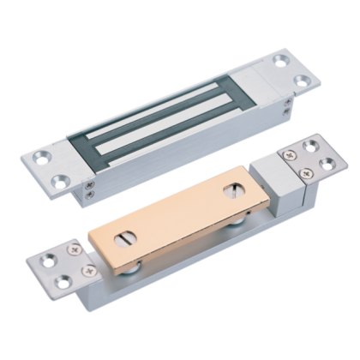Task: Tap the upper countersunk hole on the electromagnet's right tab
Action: [281, 61]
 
